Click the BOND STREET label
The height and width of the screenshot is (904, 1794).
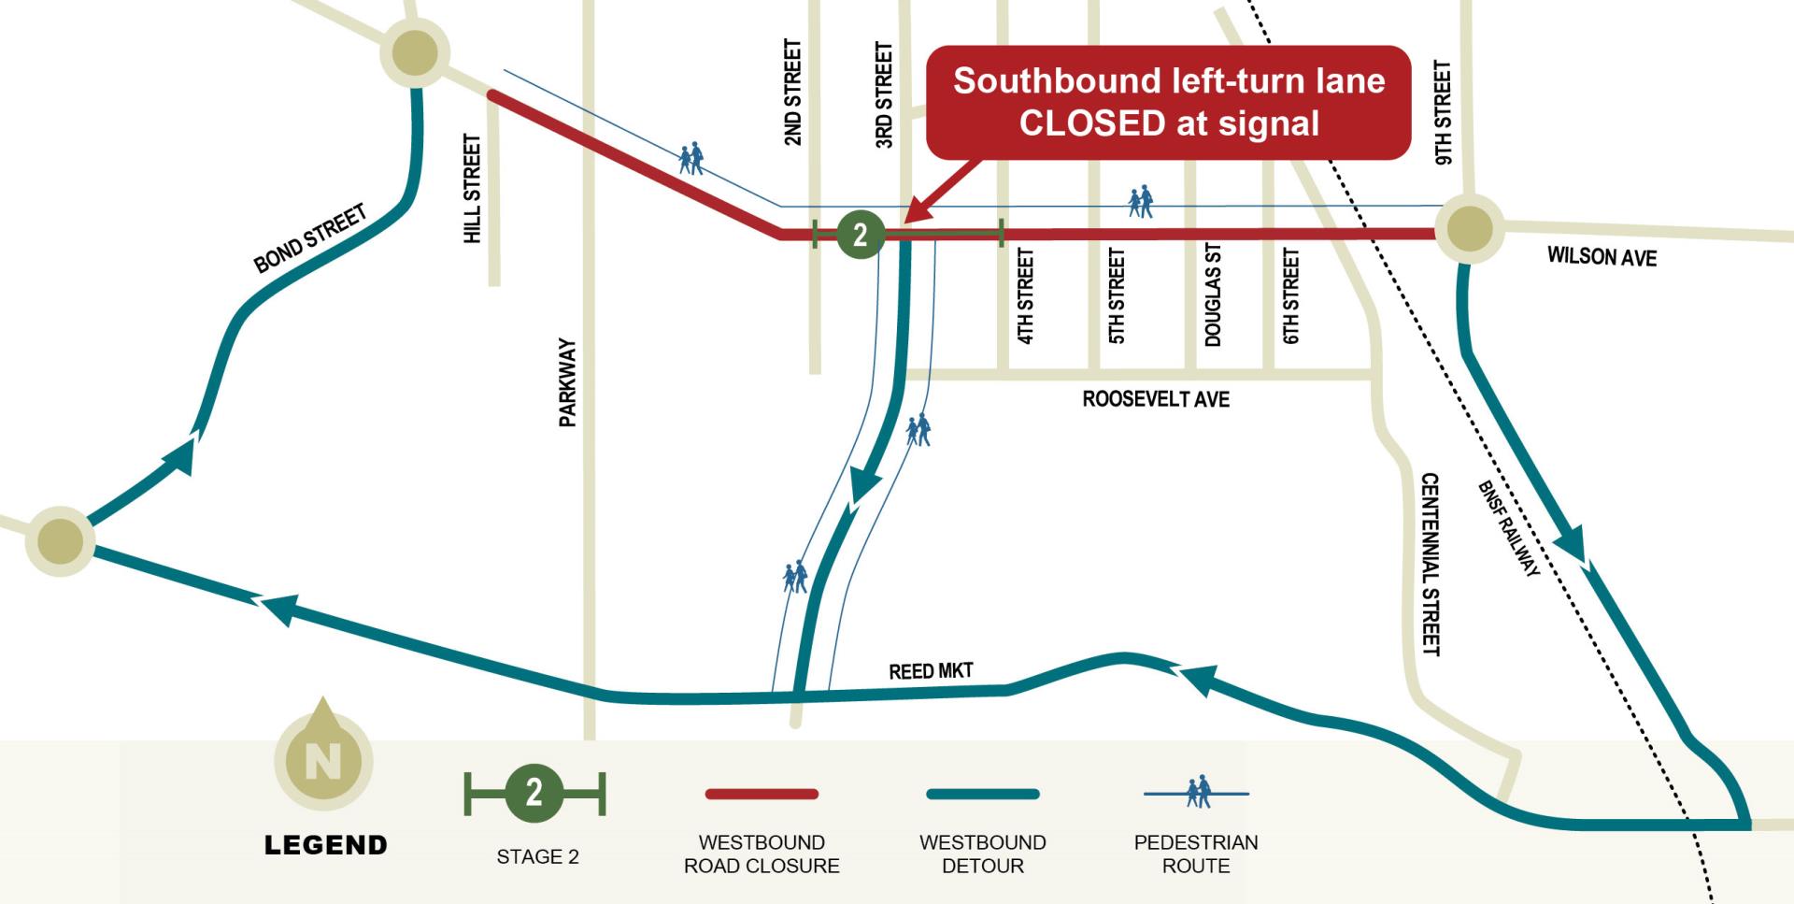310,239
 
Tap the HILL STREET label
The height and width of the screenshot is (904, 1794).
472,189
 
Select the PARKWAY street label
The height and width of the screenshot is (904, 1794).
567,383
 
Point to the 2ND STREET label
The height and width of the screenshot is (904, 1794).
792,92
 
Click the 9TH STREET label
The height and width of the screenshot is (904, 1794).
1443,113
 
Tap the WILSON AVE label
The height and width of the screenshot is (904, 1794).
1602,256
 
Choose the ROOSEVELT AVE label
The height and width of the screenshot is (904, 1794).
1156,399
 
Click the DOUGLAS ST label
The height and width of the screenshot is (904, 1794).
1213,295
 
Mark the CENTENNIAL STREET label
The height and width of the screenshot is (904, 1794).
1430,565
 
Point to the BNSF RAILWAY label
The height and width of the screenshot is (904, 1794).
1508,528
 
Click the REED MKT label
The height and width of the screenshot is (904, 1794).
931,671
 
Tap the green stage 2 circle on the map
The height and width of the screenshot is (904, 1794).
860,234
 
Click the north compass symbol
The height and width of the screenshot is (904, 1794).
323,757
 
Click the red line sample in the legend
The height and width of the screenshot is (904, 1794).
762,794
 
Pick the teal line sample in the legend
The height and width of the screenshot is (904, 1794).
982,794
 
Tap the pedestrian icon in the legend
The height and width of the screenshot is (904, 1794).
1196,793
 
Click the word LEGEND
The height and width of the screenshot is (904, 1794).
325,845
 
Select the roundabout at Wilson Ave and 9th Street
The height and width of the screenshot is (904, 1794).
1469,228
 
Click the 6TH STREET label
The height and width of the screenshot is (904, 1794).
1290,295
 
